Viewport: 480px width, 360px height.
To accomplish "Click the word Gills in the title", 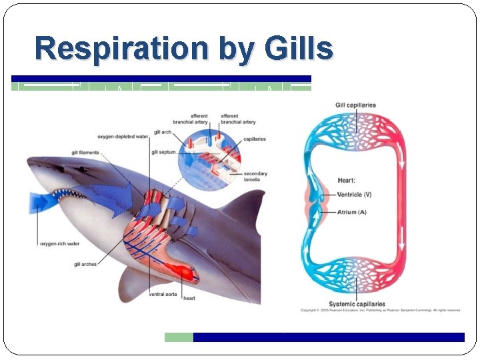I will (298, 49).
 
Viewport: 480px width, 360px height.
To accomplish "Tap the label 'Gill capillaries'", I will (355, 105).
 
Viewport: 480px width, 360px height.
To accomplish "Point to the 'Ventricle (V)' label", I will (355, 194).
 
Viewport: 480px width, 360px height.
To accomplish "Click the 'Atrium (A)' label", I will (352, 212).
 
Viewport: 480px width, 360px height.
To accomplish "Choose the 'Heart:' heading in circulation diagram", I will (347, 180).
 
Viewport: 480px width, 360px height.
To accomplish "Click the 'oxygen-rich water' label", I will (59, 244).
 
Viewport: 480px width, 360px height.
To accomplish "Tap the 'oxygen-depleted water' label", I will (123, 136).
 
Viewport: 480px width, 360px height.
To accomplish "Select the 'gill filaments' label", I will (85, 153).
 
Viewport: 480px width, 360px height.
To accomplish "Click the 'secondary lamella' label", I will (255, 177).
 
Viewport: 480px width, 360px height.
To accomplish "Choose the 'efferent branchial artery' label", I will (238, 119).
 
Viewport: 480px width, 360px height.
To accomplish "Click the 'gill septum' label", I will (164, 152).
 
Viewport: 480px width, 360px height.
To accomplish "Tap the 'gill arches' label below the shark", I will (85, 265).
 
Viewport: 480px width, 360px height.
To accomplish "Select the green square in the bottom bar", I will (179, 337).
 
